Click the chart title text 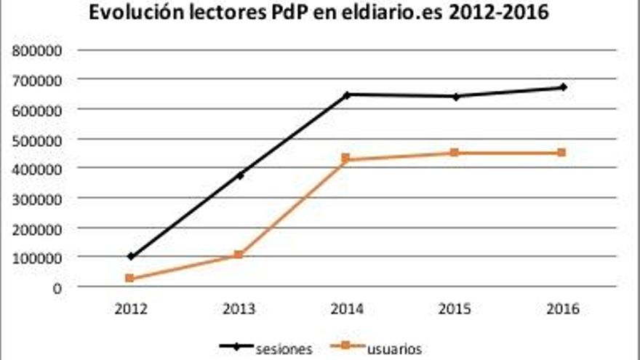pyautogui.click(x=320, y=13)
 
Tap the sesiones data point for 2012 pyautogui.click(x=130, y=256)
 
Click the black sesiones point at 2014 pyautogui.click(x=347, y=95)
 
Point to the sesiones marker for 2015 pyautogui.click(x=455, y=96)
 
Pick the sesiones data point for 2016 pyautogui.click(x=563, y=87)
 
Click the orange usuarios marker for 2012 pyautogui.click(x=130, y=278)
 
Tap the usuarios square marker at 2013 pyautogui.click(x=239, y=255)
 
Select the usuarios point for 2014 pyautogui.click(x=347, y=159)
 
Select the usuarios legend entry pyautogui.click(x=378, y=348)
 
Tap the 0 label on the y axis pyautogui.click(x=58, y=287)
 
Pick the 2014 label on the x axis pyautogui.click(x=347, y=308)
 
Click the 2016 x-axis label pyautogui.click(x=563, y=308)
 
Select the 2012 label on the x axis pyautogui.click(x=130, y=308)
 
